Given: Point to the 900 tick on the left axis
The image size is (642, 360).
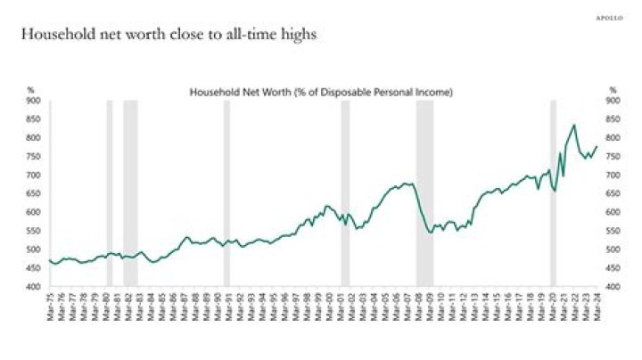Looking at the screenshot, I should click(x=32, y=101).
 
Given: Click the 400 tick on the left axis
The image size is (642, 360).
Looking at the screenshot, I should click(x=32, y=287).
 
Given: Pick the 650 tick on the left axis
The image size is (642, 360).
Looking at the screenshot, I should click(x=32, y=194).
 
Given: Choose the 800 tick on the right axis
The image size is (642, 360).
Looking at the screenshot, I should click(x=613, y=138).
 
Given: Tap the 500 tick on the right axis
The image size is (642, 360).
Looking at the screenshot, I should click(x=613, y=250).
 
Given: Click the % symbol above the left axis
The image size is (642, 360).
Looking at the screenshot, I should click(x=29, y=90).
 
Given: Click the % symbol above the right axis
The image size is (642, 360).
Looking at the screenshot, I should click(x=613, y=90).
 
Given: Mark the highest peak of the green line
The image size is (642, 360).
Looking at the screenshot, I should click(x=573, y=126).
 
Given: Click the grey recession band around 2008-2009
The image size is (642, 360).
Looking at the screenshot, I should click(x=424, y=192).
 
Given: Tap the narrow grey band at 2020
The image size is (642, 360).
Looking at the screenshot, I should click(x=553, y=192).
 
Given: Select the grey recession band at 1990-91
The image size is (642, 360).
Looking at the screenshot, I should click(x=226, y=192).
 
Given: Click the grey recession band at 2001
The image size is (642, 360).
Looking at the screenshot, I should click(x=346, y=192).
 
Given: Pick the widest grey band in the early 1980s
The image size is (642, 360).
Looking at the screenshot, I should click(x=130, y=192).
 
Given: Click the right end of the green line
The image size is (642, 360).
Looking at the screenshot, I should click(x=597, y=146).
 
